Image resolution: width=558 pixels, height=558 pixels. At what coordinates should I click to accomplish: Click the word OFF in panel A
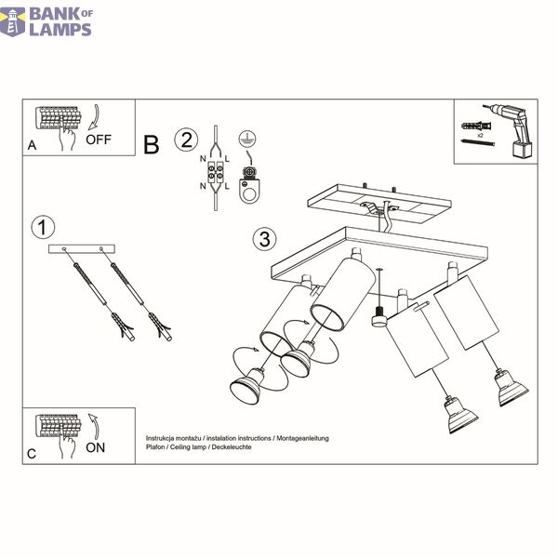tap(99, 139)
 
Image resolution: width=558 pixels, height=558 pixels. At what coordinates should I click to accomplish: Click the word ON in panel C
tap(96, 447)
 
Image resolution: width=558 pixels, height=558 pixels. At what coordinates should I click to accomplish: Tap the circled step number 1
tap(43, 228)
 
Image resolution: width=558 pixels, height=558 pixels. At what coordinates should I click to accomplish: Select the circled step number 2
tap(186, 139)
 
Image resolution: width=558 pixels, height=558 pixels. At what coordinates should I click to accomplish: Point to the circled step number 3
tap(264, 239)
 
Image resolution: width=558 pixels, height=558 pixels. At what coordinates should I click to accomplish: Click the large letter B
tap(152, 145)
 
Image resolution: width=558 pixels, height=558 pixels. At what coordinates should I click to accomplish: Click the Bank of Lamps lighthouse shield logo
tap(13, 22)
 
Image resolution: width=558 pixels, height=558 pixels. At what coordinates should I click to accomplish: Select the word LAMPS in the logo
tap(60, 30)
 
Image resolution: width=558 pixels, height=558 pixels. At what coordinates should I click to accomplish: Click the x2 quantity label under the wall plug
tap(480, 136)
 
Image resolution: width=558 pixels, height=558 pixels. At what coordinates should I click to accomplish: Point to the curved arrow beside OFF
tap(94, 117)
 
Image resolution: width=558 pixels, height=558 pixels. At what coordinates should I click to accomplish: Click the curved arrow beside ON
tap(94, 426)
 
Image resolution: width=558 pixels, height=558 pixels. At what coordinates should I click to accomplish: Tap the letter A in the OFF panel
tap(32, 145)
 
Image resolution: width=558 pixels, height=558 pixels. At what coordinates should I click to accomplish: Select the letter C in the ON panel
tap(32, 454)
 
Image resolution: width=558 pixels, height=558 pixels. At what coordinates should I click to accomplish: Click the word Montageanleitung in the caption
tap(302, 438)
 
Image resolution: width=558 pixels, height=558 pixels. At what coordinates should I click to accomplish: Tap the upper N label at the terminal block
tap(203, 159)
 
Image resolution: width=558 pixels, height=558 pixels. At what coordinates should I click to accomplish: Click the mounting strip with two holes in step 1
tap(82, 248)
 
